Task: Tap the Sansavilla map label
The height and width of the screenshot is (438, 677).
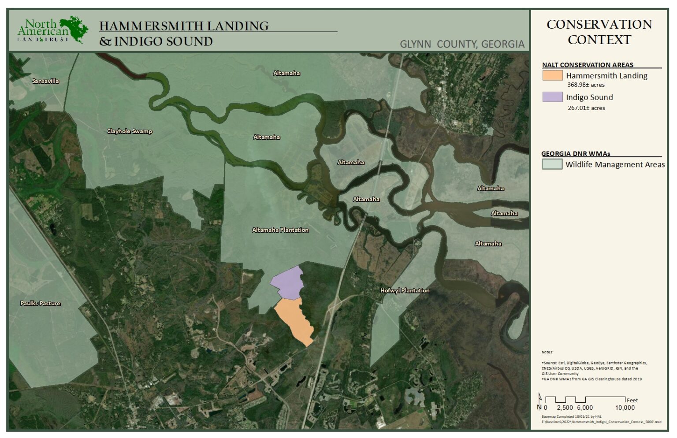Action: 45,81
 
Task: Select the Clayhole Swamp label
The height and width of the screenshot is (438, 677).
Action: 130,131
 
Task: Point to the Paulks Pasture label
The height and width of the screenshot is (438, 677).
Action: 40,304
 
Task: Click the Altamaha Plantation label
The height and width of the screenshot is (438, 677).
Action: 280,230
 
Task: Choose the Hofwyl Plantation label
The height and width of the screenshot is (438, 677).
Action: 405,291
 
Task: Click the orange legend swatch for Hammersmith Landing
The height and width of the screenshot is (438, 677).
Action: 552,75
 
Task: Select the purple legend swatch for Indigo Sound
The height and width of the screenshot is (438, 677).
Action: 552,97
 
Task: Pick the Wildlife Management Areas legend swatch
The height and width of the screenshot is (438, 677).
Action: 552,164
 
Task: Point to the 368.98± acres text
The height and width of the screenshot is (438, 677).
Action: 586,85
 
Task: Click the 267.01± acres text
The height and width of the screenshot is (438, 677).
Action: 586,108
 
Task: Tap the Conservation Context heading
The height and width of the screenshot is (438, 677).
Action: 599,32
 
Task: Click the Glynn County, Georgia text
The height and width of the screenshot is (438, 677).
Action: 462,45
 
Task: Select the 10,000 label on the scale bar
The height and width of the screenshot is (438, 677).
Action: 625,408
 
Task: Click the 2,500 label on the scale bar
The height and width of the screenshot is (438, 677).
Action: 565,408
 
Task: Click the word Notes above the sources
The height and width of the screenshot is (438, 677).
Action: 547,352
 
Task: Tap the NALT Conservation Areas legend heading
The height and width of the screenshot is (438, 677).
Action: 588,65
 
